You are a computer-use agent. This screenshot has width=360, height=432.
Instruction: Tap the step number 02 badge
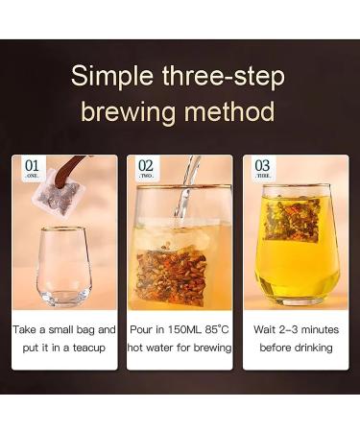[x=146, y=170]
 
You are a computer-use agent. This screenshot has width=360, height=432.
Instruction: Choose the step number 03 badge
[x=261, y=170]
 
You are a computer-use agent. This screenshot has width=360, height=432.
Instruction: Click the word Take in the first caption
[x=26, y=328]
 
